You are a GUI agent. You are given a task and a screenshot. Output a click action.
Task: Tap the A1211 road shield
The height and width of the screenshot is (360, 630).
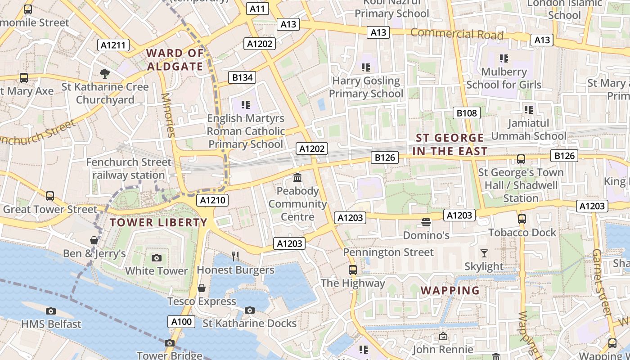113,45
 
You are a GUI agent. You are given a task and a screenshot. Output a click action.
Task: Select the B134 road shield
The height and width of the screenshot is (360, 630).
242,77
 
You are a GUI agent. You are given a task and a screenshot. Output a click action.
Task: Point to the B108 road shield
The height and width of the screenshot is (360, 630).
466,113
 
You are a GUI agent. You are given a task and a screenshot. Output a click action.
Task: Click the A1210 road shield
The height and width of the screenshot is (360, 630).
212,200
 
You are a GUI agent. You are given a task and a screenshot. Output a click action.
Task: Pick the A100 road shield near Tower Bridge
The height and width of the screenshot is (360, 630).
182,321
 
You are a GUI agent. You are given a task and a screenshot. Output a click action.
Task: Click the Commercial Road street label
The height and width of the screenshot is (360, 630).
457,34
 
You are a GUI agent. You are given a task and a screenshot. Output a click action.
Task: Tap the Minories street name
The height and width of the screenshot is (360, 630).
167,115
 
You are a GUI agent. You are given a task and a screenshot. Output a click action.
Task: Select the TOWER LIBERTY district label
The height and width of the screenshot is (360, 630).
158,222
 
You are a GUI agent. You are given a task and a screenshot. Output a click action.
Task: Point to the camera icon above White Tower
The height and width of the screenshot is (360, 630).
156,258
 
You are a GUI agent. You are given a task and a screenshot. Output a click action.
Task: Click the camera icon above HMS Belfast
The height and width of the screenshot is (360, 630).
51,311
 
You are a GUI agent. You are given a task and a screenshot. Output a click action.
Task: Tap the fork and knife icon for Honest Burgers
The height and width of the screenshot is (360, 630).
235,256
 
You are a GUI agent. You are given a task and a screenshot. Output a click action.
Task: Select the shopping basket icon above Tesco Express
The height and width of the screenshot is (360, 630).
202,288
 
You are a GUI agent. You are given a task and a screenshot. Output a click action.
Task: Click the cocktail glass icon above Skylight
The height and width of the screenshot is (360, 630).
484,253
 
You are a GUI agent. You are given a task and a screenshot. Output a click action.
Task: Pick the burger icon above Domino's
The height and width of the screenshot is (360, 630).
426,222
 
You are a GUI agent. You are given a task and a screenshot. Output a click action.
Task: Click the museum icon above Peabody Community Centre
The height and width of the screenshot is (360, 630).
297,178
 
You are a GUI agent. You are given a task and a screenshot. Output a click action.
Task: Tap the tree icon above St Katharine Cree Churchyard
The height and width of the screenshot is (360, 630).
104,73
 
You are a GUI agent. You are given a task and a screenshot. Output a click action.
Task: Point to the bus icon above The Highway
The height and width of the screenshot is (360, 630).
353,270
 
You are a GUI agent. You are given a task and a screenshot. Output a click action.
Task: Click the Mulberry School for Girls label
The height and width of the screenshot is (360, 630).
504,78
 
